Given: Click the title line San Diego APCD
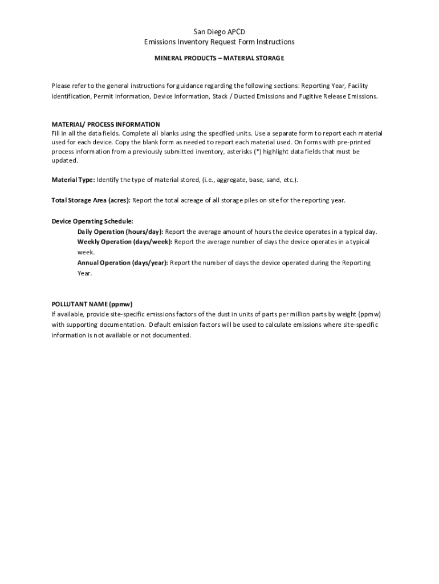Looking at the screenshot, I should pyautogui.click(x=219, y=32).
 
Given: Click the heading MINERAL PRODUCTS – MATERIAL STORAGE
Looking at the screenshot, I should pyautogui.click(x=219, y=58).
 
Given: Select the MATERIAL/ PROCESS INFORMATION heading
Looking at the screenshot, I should pyautogui.click(x=106, y=124).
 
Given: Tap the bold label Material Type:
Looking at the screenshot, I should pyautogui.click(x=74, y=180).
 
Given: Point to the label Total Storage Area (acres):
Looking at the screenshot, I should pyautogui.click(x=91, y=200).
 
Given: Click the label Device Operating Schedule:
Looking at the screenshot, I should pyautogui.click(x=92, y=221).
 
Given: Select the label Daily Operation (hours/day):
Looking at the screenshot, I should pyautogui.click(x=120, y=232).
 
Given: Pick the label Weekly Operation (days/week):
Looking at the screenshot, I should pyautogui.click(x=125, y=242).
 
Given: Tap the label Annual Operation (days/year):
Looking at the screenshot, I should pyautogui.click(x=123, y=262).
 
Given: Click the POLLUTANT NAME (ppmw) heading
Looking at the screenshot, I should pyautogui.click(x=96, y=304).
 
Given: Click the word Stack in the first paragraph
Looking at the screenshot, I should pyautogui.click(x=221, y=96).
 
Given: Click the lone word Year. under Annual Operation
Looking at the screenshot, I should pyautogui.click(x=84, y=273).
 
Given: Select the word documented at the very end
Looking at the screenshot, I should pyautogui.click(x=174, y=335).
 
